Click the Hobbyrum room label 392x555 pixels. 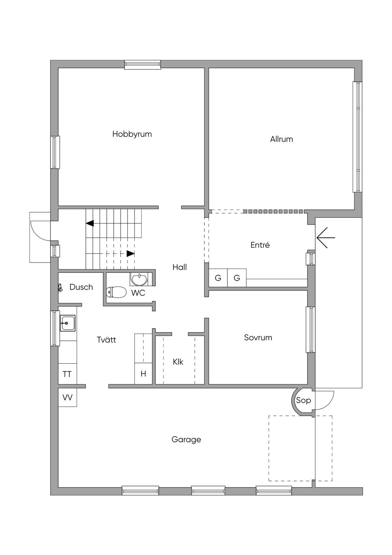132,134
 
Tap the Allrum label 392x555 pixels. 281,139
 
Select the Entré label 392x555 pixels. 260,245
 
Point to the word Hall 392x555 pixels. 180,267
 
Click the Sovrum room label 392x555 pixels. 258,337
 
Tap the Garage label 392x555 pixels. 186,440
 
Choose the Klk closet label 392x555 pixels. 178,362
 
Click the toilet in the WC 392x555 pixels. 116,292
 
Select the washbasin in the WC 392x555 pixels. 139,279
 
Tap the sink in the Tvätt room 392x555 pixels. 68,323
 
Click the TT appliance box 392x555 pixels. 67,374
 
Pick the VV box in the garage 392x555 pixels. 67,397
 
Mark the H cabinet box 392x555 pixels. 143,374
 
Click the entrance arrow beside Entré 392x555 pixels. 326,238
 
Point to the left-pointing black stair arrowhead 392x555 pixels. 90,223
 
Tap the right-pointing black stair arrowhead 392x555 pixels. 131,253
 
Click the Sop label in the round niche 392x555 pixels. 304,401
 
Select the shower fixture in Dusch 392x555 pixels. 60,287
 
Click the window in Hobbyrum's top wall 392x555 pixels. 142,64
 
